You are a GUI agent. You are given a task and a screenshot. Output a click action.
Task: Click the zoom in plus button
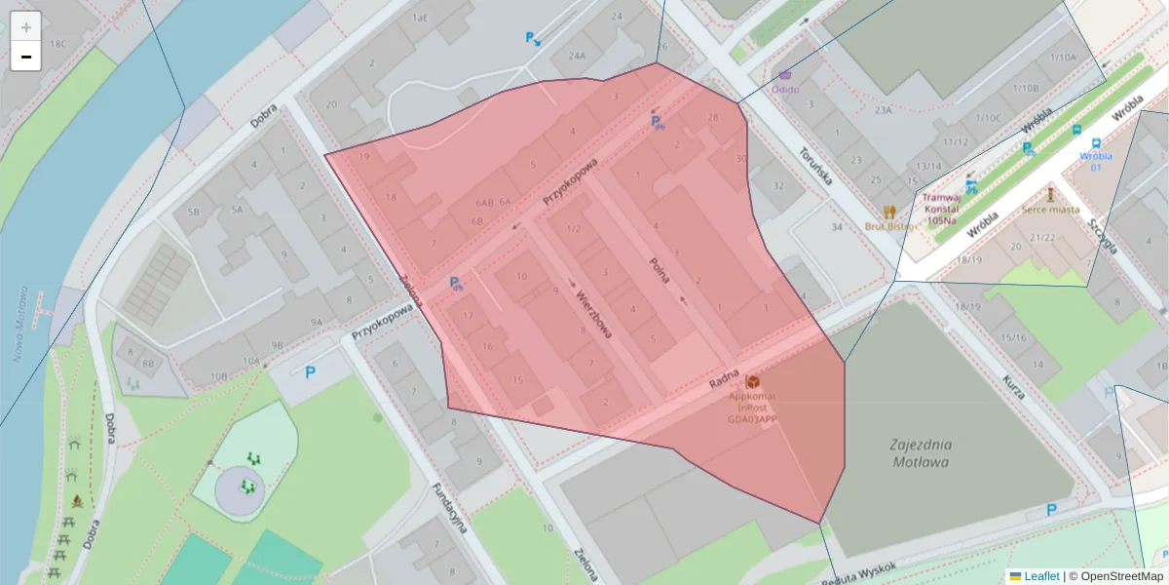[26, 26]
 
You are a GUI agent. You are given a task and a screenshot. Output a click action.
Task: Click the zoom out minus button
[26, 57]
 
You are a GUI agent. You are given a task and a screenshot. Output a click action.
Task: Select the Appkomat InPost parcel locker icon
[752, 386]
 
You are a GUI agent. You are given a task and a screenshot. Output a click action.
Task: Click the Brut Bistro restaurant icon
[888, 212]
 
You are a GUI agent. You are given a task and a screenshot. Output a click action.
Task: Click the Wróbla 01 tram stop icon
[1076, 131]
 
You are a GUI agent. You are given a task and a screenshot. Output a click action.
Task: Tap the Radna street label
[725, 380]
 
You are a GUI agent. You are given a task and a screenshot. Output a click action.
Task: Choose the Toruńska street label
[813, 166]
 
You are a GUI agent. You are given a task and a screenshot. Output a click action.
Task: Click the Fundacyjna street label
[451, 508]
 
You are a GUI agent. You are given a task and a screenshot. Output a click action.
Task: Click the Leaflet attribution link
[1041, 576]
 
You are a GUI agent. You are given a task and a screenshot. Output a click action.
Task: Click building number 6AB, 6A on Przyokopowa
[493, 202]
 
